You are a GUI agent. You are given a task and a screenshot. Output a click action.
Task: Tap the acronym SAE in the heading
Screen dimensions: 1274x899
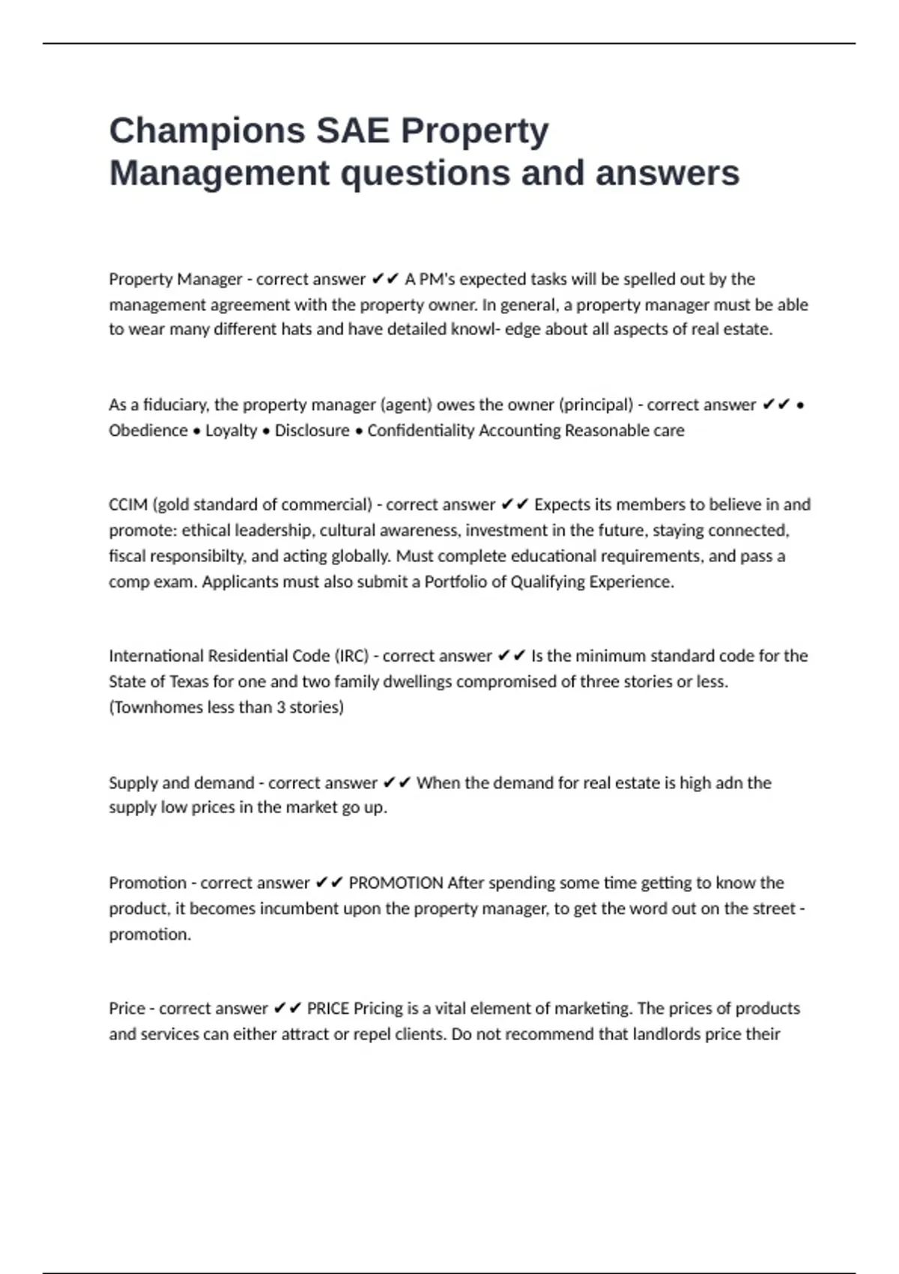(x=352, y=131)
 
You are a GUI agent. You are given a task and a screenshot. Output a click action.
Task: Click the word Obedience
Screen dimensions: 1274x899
(x=148, y=430)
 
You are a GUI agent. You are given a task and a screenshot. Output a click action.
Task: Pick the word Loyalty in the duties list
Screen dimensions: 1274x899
(x=231, y=430)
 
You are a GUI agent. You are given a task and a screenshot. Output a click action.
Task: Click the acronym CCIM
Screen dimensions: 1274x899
(x=128, y=504)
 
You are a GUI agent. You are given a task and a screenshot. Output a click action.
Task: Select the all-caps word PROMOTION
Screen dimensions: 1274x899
(x=396, y=883)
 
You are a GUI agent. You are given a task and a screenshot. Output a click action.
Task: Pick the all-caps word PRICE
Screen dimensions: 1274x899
(x=328, y=1008)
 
